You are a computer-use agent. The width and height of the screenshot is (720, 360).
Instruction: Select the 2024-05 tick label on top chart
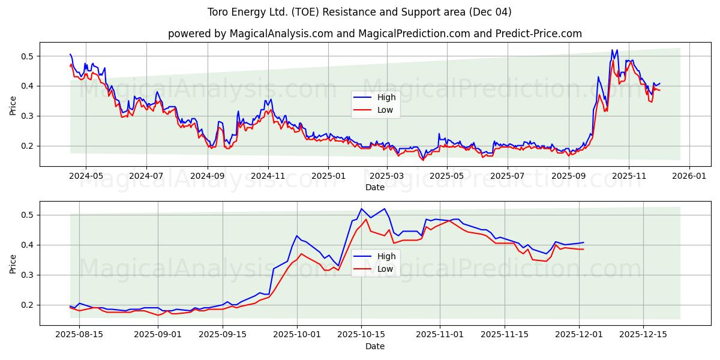(85, 176)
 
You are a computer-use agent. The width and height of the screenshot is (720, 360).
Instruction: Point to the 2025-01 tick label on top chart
(328, 176)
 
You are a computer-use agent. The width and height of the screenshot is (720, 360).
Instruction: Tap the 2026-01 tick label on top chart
(689, 176)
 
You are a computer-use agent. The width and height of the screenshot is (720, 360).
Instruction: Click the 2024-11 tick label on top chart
(268, 176)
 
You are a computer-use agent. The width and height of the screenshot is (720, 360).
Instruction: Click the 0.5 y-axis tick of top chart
(28, 56)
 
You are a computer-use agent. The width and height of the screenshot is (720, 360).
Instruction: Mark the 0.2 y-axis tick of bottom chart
(28, 305)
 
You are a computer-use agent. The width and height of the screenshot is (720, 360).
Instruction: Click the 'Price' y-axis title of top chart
(13, 106)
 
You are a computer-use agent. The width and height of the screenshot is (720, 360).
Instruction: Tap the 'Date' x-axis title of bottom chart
(374, 346)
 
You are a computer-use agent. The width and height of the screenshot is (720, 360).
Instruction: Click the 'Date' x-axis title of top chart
(374, 187)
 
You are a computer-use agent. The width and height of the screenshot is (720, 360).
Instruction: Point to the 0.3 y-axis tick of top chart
(28, 116)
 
